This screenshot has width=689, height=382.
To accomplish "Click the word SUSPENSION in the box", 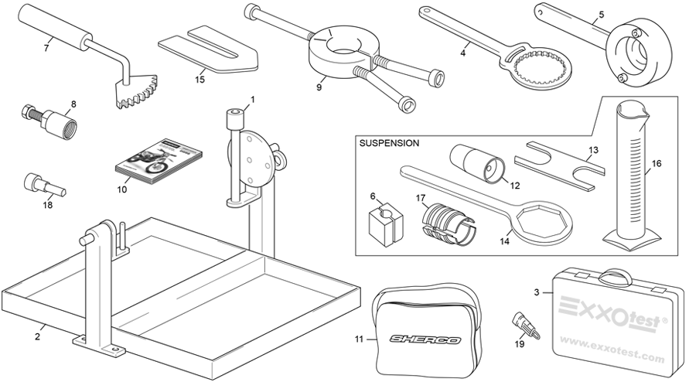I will click(390, 143).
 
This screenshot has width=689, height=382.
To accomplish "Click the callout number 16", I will click(657, 164).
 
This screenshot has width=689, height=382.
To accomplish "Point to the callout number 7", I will click(46, 48).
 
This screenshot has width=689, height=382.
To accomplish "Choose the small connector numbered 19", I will click(523, 321).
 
